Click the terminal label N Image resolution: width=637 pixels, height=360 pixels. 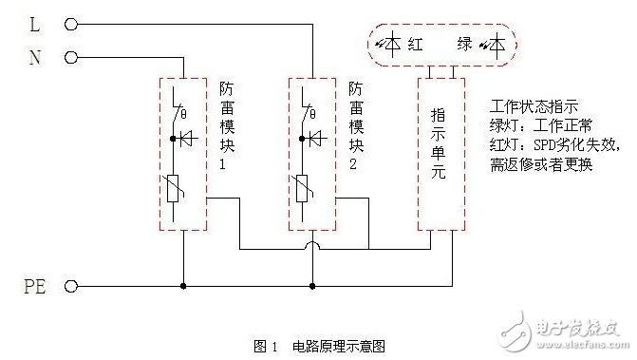pos(35,58)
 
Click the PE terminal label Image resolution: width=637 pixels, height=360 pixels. pos(34,285)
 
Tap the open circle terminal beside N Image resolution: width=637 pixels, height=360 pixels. pos(70,58)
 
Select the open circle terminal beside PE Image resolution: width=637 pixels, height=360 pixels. pos(70,285)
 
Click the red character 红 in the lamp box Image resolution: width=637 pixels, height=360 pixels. pos(415,43)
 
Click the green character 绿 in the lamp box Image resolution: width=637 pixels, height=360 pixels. pos(464,43)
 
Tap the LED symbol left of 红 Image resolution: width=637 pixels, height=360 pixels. pos(391,43)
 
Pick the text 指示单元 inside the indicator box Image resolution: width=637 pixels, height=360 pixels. pos(440,152)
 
